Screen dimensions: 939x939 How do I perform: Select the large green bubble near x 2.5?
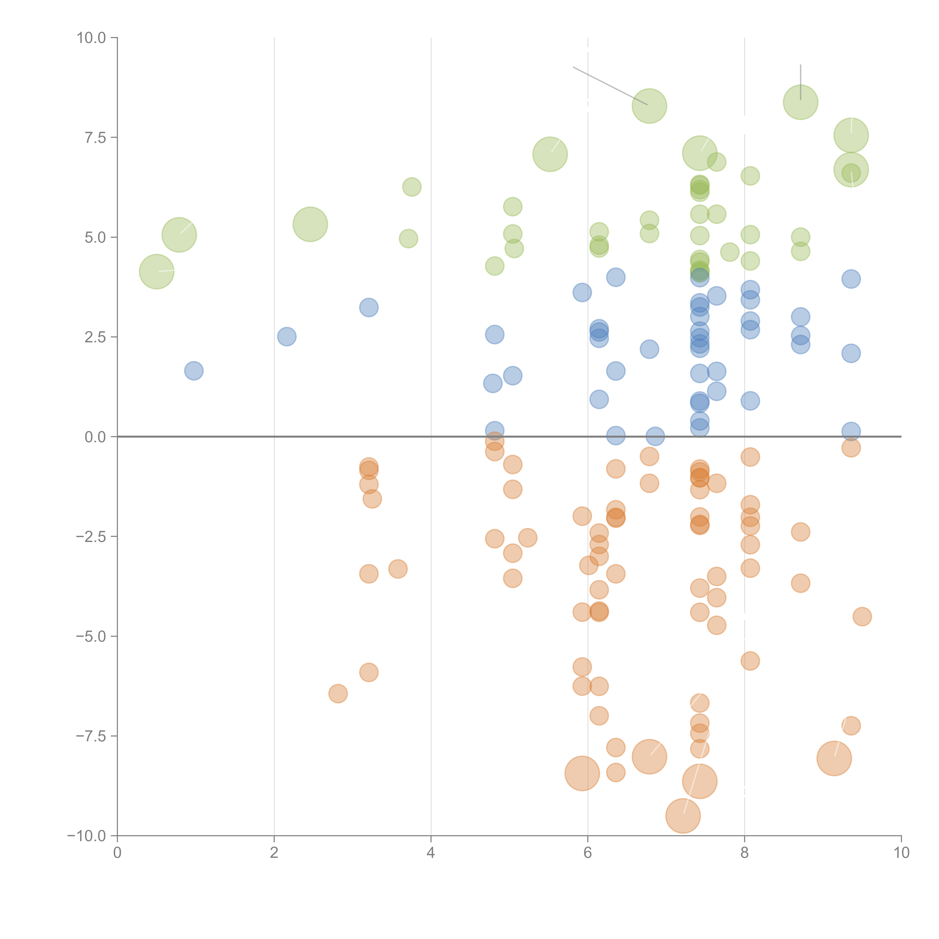(310, 224)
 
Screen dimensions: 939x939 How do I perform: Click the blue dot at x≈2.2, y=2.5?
(287, 336)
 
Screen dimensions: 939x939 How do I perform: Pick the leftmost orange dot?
(338, 694)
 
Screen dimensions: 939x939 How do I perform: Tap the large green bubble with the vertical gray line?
(800, 102)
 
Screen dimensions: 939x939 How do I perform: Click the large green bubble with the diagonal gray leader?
(649, 106)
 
